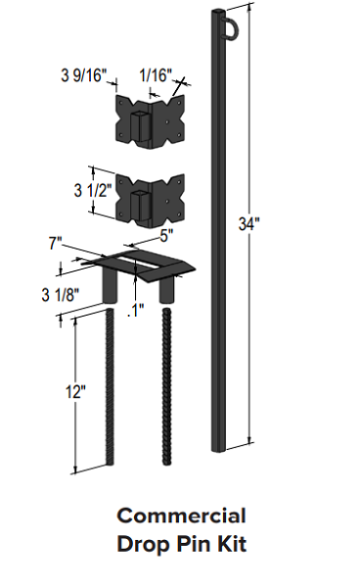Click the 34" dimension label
(248, 224)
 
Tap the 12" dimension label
(75, 392)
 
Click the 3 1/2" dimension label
(93, 190)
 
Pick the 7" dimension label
(55, 244)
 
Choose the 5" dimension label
(166, 236)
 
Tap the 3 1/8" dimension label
(61, 295)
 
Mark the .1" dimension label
(135, 310)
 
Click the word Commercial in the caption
(182, 516)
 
